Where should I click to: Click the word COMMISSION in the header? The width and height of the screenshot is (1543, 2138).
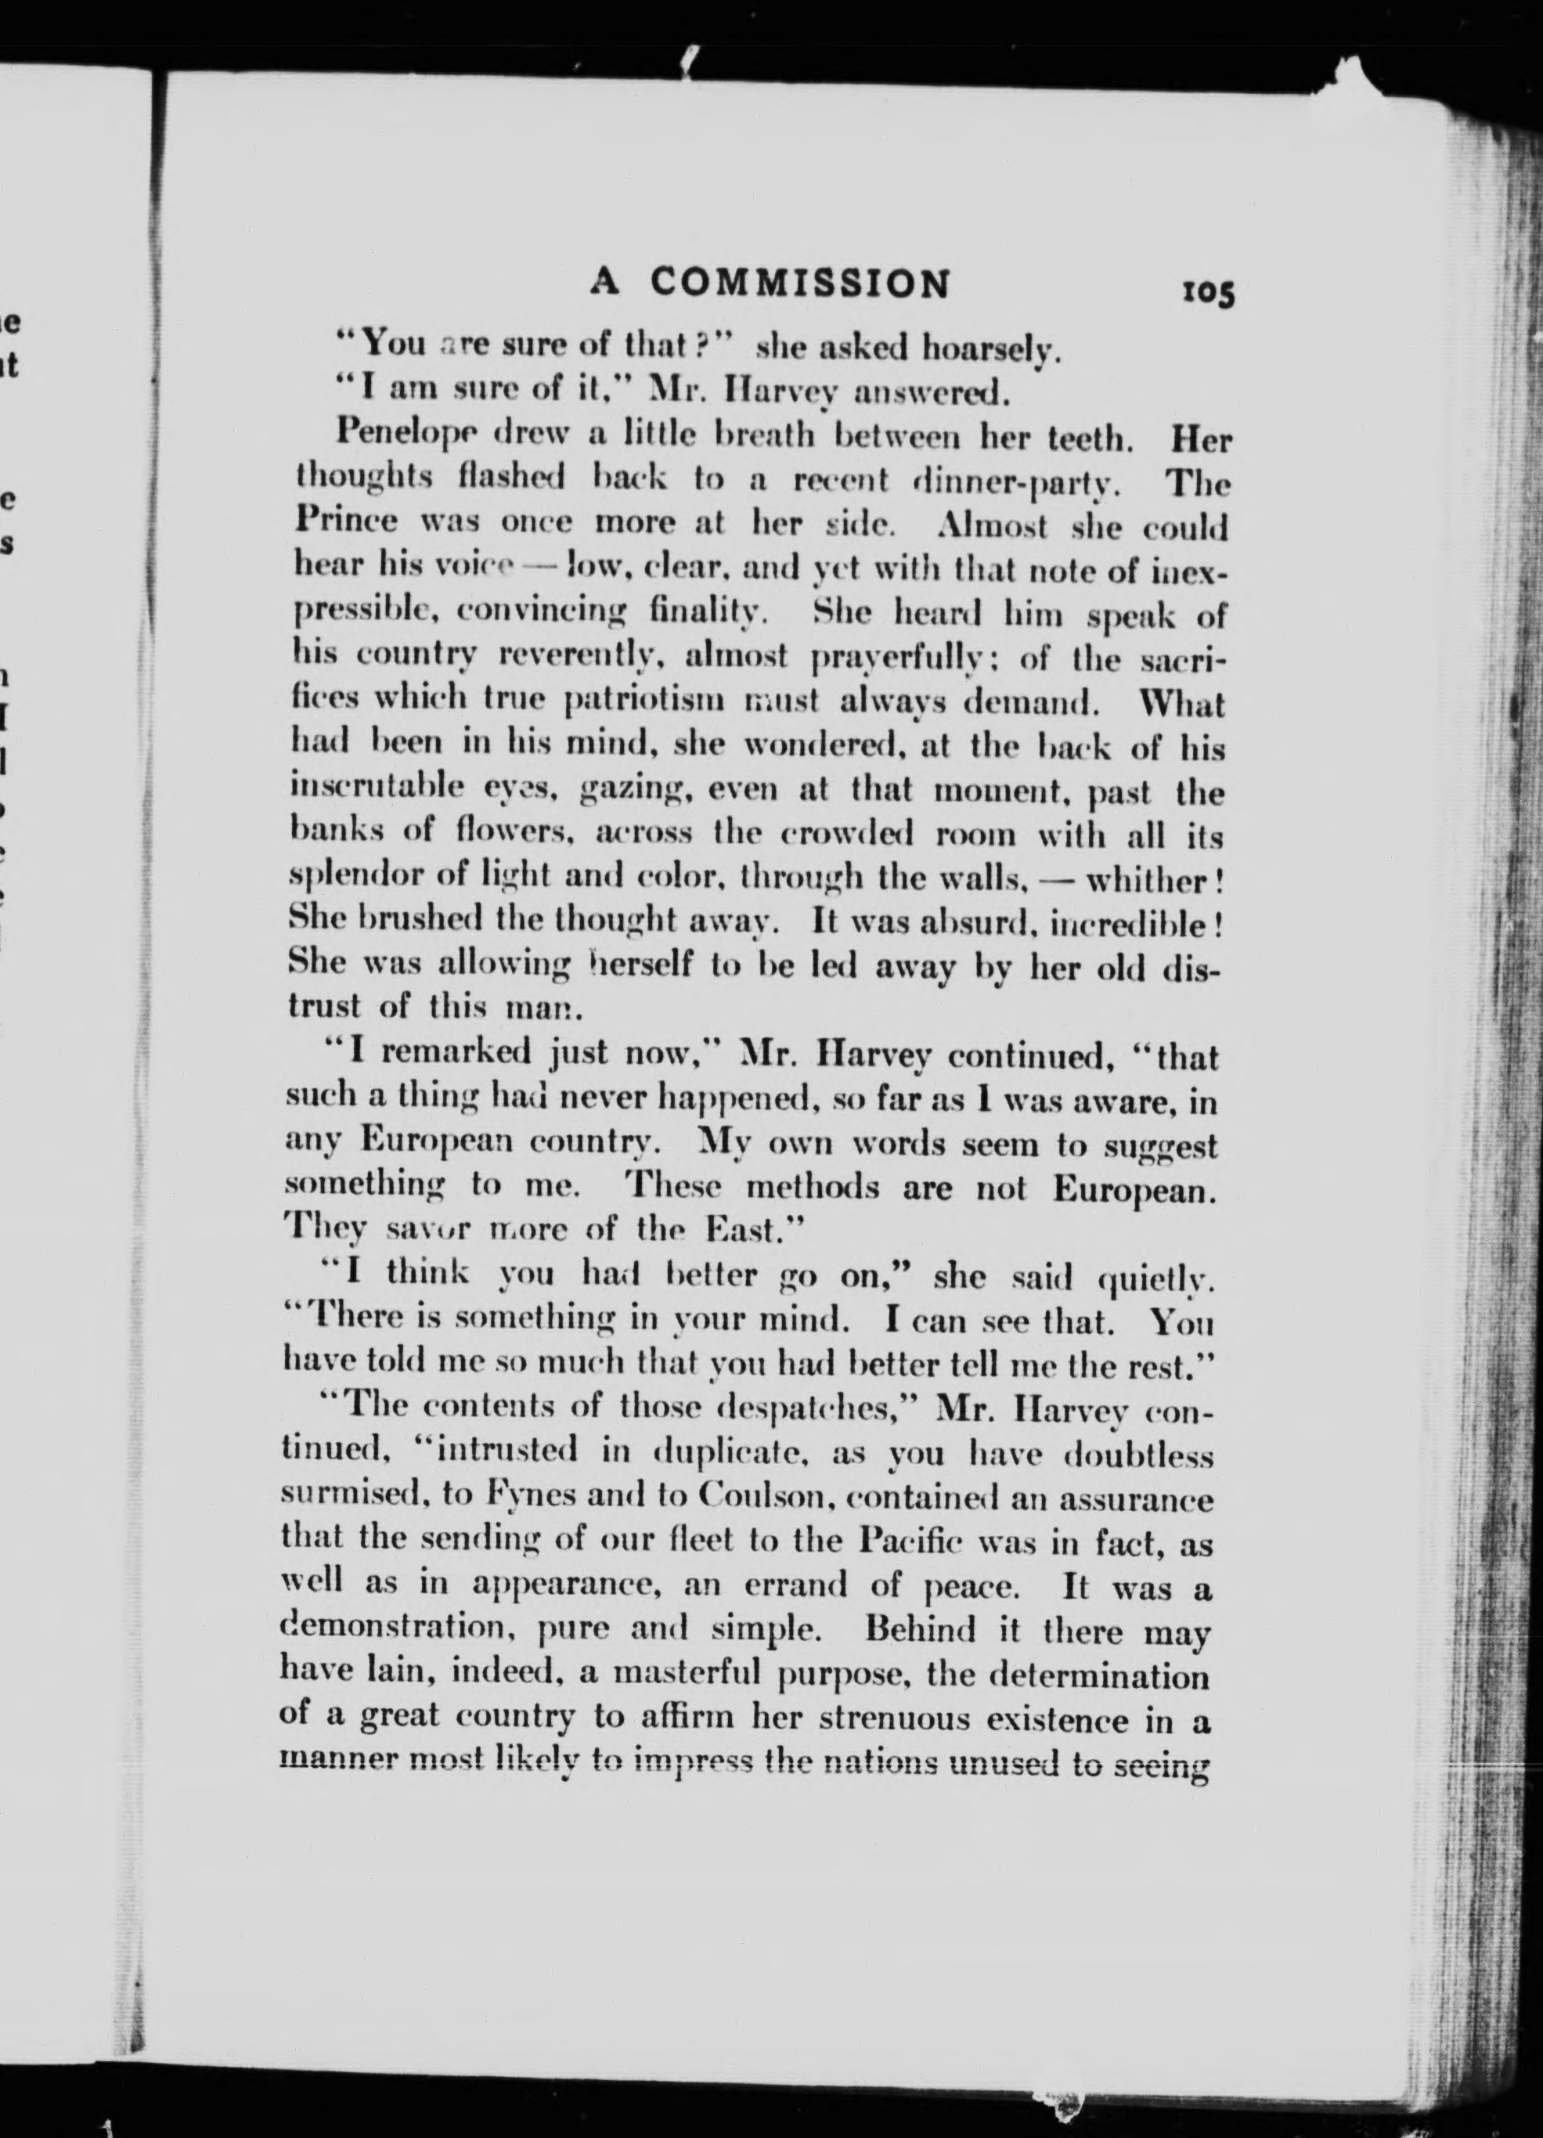click(801, 283)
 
